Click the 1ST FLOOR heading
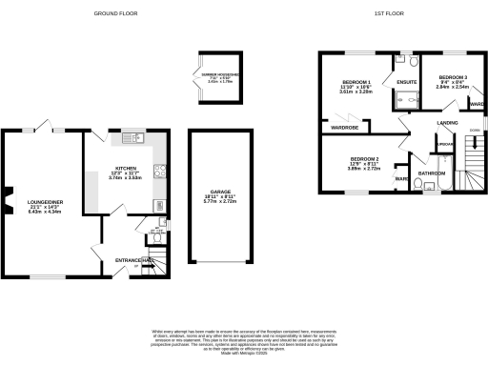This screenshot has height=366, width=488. (x=385, y=13)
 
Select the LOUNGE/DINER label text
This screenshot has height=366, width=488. (x=46, y=203)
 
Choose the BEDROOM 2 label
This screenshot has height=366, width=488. (x=364, y=158)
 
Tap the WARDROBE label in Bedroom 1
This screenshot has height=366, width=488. (x=344, y=127)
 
